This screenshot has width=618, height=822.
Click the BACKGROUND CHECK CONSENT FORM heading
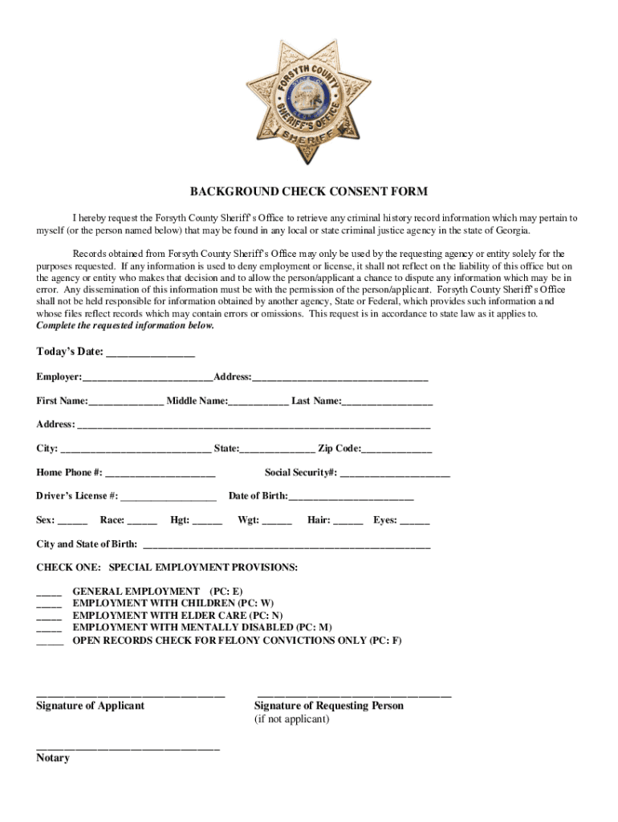[x=309, y=192]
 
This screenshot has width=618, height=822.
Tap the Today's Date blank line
[x=150, y=353]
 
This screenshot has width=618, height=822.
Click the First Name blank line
[x=126, y=401]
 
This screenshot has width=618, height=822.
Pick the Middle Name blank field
[x=258, y=401]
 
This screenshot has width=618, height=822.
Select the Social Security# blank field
[x=395, y=473]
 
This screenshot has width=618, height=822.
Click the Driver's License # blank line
[x=169, y=497]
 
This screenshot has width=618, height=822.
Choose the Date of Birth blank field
[x=351, y=497]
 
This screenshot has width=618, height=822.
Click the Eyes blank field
[x=414, y=521]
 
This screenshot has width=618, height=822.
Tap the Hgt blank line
[x=208, y=521]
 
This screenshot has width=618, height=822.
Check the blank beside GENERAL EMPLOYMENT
[x=49, y=592]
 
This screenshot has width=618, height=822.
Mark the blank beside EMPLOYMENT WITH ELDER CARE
[x=49, y=616]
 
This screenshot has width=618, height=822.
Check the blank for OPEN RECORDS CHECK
[x=49, y=641]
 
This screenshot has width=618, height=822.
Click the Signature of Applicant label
[x=91, y=706]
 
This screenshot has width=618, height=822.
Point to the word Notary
[x=53, y=758]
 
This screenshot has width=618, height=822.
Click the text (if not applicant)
[x=291, y=719]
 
